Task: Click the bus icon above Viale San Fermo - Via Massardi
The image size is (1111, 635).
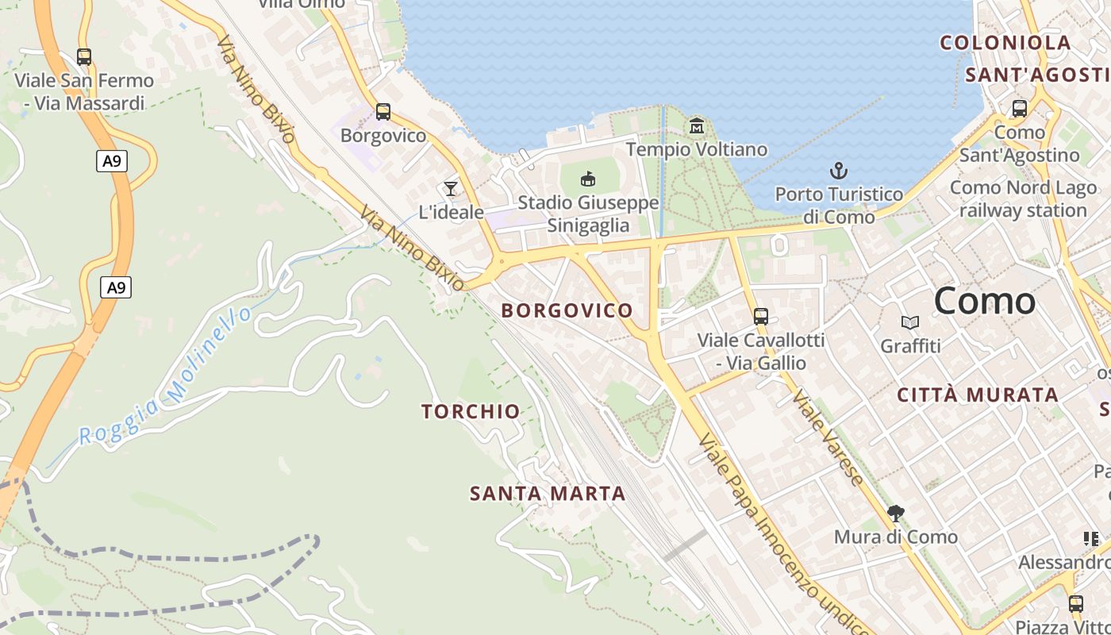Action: (x=83, y=57)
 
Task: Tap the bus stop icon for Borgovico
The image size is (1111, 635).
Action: (x=383, y=112)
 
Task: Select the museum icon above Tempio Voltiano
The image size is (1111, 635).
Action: (x=697, y=125)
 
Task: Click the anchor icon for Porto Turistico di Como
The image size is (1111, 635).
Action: (x=839, y=171)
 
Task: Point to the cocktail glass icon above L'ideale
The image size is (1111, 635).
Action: (x=451, y=188)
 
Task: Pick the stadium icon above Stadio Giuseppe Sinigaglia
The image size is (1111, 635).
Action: (x=588, y=179)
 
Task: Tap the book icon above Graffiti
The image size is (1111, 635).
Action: (x=910, y=322)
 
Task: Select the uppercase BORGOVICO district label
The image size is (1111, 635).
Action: (x=567, y=310)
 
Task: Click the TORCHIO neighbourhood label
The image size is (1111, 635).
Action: (x=471, y=411)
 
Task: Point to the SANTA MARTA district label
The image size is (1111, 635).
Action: (x=548, y=494)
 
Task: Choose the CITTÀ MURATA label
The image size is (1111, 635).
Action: (x=978, y=394)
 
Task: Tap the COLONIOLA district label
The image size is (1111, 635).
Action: (x=1005, y=43)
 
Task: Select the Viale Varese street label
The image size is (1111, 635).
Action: (x=828, y=437)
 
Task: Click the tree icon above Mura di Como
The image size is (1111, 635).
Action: (x=896, y=514)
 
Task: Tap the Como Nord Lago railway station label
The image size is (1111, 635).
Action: (x=1023, y=199)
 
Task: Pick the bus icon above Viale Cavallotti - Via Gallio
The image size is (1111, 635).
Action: (x=761, y=317)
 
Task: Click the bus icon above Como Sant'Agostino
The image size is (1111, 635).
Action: (x=1020, y=109)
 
